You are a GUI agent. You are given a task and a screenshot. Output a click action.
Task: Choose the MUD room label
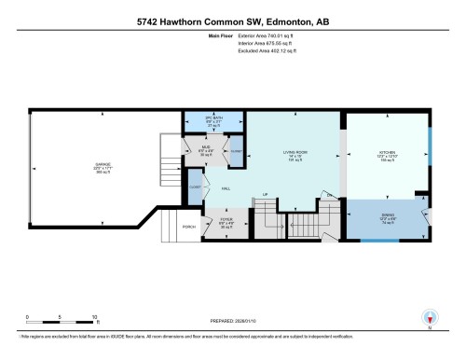pyautogui.click(x=208, y=150)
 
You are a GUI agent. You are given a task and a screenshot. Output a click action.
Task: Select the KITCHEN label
pyautogui.click(x=387, y=153)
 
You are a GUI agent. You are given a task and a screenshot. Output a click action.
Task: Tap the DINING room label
pyautogui.click(x=387, y=221)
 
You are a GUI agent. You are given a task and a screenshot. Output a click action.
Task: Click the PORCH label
pyautogui.click(x=189, y=227)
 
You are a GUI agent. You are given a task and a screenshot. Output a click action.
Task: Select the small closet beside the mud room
pyautogui.click(x=236, y=150)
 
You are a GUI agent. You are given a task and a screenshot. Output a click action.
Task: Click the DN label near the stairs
pyautogui.click(x=328, y=194)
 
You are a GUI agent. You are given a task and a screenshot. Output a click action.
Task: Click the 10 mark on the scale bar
pyautogui.click(x=94, y=317)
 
